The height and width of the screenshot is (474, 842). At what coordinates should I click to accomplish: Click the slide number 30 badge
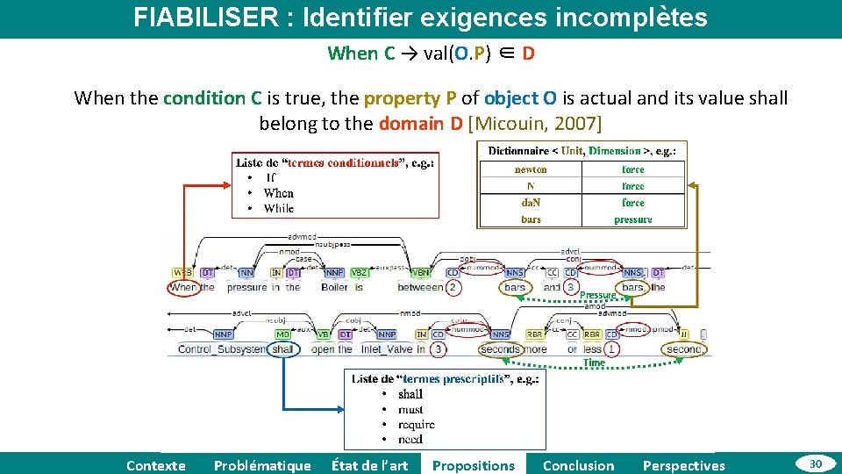[x=815, y=463]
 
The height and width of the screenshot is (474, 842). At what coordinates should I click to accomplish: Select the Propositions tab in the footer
[x=474, y=465]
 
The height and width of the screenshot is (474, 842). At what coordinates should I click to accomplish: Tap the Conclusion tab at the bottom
[x=579, y=465]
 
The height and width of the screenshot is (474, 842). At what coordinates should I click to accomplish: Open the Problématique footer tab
[x=262, y=465]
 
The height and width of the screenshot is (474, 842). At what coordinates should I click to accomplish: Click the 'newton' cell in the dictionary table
[x=530, y=169]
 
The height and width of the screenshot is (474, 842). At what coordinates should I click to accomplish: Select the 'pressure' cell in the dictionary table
[x=632, y=219]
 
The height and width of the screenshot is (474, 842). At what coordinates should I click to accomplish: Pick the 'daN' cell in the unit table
[x=530, y=203]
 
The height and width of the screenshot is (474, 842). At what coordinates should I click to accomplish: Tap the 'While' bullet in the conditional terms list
[x=278, y=208]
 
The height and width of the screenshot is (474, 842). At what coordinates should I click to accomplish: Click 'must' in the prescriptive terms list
[x=410, y=409]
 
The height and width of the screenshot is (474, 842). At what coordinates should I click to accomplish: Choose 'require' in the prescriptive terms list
[x=416, y=424]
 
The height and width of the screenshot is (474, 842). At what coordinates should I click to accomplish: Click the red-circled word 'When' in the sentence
[x=183, y=287]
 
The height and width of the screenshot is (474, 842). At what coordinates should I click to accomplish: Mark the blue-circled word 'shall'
[x=282, y=348]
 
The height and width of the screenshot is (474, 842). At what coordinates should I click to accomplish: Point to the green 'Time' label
[x=594, y=363]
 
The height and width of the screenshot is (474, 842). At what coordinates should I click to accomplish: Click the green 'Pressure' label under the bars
[x=597, y=296]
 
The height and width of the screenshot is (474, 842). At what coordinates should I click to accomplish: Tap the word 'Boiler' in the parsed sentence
[x=334, y=287]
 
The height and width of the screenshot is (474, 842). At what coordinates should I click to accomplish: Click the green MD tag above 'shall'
[x=282, y=334]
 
